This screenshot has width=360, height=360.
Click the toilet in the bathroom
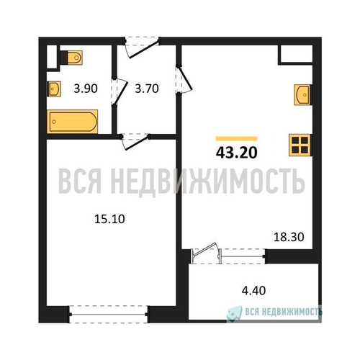(x=71, y=58)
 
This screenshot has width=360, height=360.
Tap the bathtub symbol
(x=73, y=122)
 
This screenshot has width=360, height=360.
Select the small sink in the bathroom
(x=54, y=89)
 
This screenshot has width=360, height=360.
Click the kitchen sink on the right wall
(x=303, y=95)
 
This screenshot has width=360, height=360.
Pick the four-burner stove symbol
(x=300, y=145)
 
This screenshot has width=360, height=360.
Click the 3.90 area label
(x=86, y=89)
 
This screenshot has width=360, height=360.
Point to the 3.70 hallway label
(x=147, y=89)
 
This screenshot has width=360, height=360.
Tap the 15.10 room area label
(x=109, y=219)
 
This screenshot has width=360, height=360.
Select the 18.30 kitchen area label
(x=289, y=237)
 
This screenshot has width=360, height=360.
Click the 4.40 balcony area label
(x=253, y=290)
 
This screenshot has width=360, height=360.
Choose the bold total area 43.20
(x=237, y=153)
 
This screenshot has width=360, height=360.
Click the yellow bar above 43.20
(x=237, y=138)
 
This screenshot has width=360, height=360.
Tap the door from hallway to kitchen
(x=186, y=79)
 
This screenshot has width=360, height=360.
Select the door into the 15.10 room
(x=137, y=143)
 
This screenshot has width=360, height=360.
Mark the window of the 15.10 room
(x=109, y=314)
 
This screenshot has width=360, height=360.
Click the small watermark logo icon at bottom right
(x=234, y=313)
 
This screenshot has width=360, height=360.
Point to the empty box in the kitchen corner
(x=296, y=55)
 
